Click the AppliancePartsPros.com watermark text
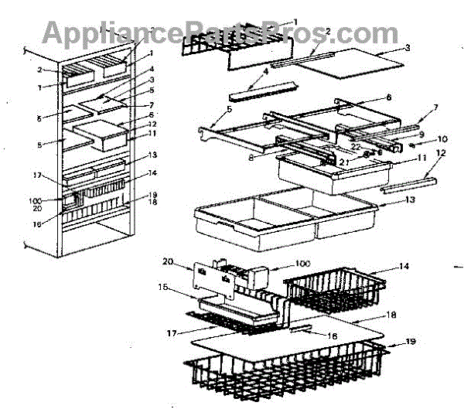click(220, 33)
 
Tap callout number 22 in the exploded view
click(357, 145)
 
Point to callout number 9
click(421, 134)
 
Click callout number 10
click(442, 140)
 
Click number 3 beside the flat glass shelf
click(406, 47)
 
